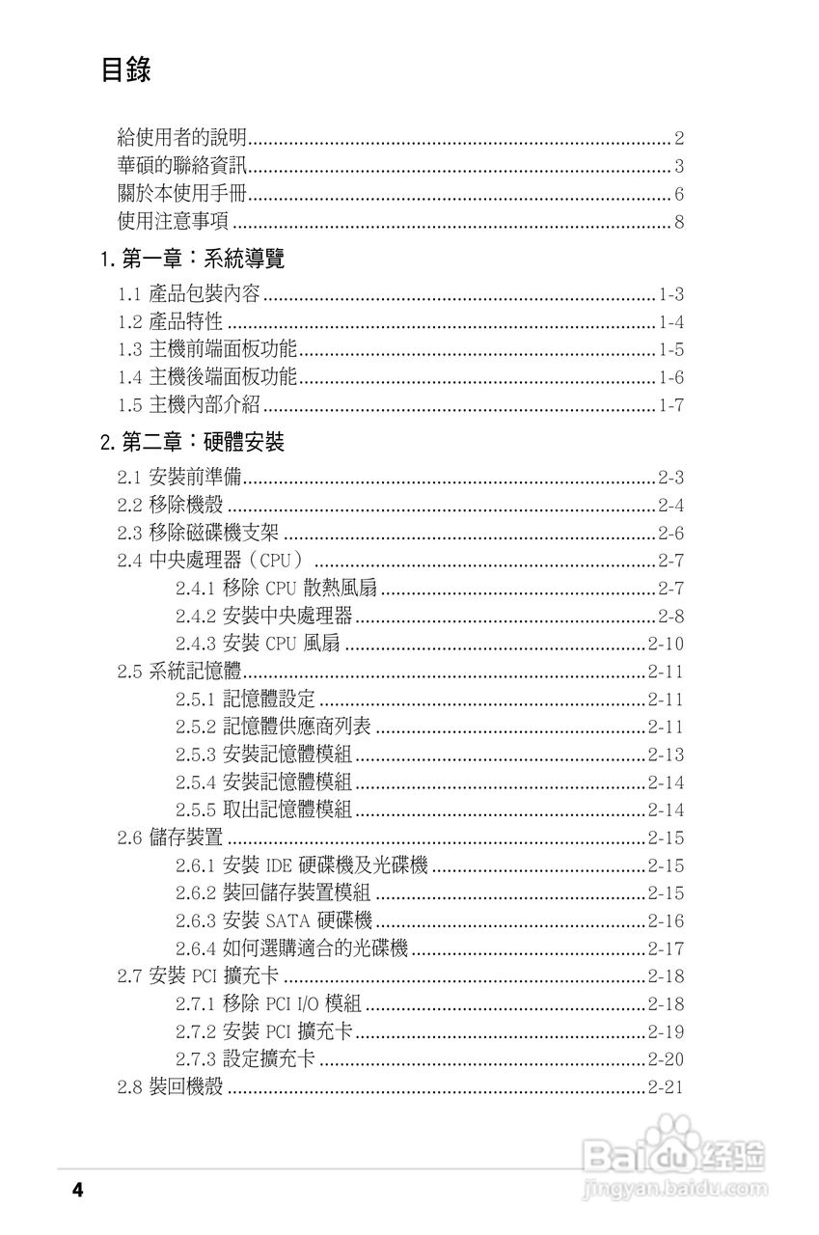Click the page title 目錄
coord(125,70)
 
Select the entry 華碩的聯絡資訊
coord(180,165)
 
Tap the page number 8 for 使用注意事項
coord(679,223)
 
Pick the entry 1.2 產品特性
coord(170,321)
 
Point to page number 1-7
coord(671,405)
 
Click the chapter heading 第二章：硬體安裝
coord(204,443)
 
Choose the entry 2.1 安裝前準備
coord(179,477)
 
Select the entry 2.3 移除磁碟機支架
coord(199,533)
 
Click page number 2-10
coord(666,644)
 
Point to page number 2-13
coord(666,755)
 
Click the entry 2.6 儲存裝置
coord(170,837)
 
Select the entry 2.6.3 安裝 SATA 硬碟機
coord(274,921)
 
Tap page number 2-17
coord(666,949)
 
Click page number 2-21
coord(666,1087)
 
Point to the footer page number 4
coord(78,1190)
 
